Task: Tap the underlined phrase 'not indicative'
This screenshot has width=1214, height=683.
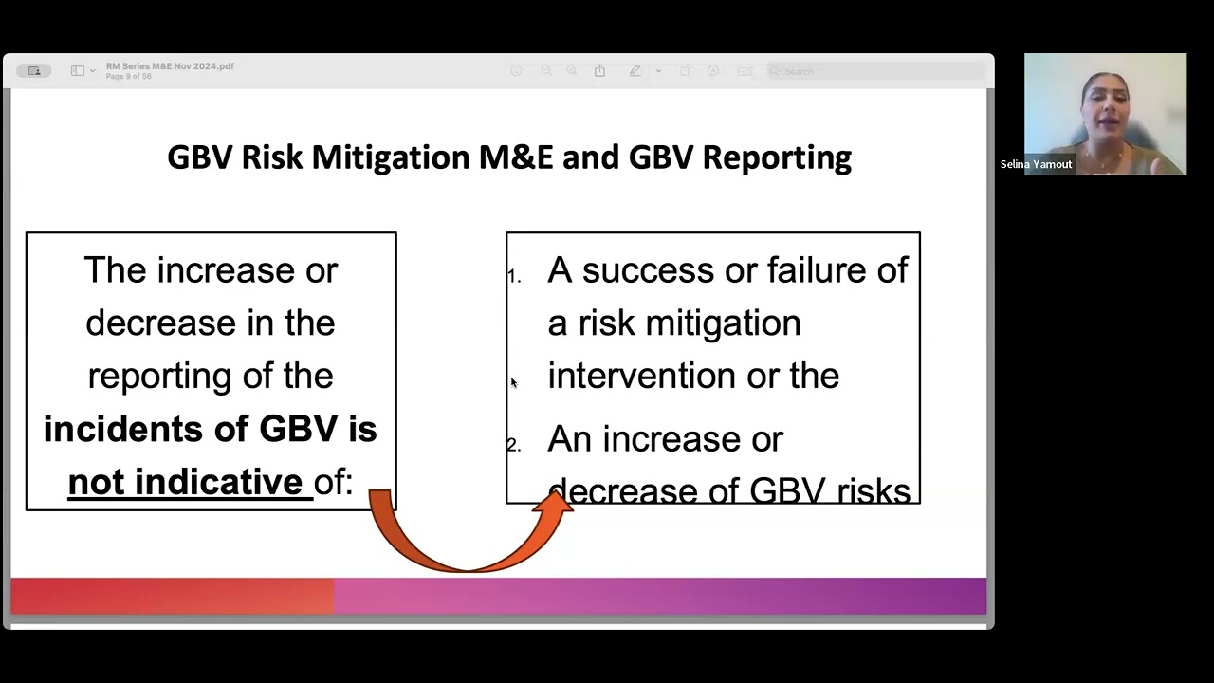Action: click(x=186, y=482)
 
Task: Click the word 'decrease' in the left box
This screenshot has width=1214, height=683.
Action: click(x=152, y=323)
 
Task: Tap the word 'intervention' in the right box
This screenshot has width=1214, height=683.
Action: click(x=641, y=376)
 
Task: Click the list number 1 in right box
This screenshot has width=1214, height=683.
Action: click(x=514, y=277)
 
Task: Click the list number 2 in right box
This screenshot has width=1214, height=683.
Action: click(x=514, y=446)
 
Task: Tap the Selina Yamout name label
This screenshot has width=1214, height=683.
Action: click(x=1036, y=165)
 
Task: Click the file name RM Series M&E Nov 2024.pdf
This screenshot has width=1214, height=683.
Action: click(x=170, y=66)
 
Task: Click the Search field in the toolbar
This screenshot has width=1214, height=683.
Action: click(x=873, y=71)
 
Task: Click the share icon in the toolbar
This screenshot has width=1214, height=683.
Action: click(x=599, y=71)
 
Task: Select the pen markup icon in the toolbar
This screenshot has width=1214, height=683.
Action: click(x=635, y=71)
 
